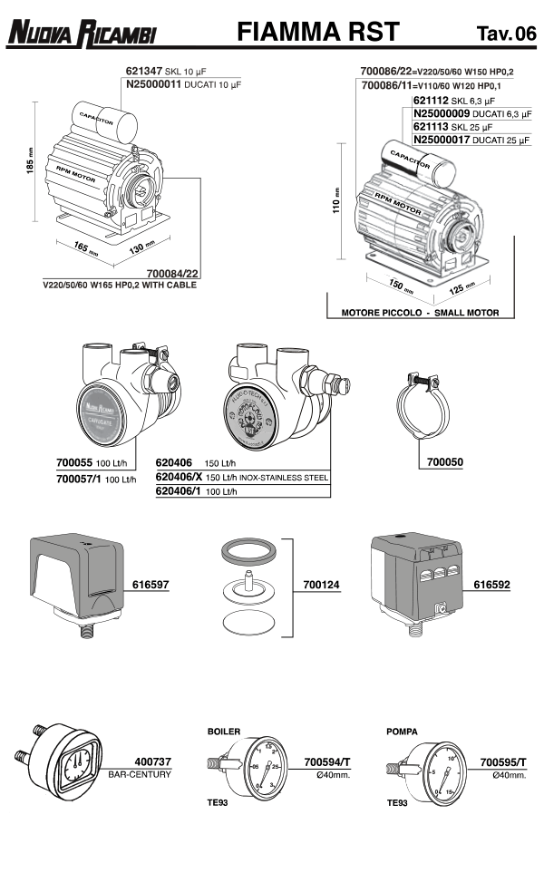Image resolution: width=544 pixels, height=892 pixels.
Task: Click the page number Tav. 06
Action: (505, 34)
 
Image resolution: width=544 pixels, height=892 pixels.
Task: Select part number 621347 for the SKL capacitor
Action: (143, 71)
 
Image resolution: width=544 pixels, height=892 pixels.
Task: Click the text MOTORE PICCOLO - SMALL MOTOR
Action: (420, 312)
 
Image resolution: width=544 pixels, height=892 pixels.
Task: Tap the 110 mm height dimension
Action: (336, 208)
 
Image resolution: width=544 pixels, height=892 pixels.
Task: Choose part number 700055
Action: (74, 462)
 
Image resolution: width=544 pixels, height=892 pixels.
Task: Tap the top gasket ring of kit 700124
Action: (250, 551)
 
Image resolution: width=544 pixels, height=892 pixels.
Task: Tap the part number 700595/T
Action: (503, 762)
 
